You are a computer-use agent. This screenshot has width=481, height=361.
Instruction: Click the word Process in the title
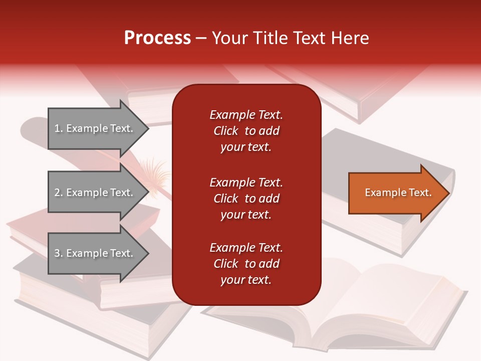[x=157, y=38]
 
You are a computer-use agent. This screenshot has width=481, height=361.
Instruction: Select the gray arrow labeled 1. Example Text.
[x=95, y=128]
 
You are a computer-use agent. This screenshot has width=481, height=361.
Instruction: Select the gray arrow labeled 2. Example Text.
[x=95, y=193]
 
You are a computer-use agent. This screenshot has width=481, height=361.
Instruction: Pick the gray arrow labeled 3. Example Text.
[x=95, y=253]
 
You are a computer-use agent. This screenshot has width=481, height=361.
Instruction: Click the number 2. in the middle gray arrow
[x=59, y=193]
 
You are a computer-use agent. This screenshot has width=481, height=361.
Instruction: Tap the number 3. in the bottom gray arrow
[x=59, y=253]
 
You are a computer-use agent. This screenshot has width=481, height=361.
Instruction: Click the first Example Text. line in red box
[x=246, y=115]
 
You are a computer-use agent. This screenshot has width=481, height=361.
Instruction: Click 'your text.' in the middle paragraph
[x=246, y=215]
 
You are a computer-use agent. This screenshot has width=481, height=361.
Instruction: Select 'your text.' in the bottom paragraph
[x=246, y=280]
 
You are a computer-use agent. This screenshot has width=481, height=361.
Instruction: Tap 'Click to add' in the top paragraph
[x=246, y=131]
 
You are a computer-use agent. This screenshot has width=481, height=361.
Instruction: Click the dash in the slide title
[x=201, y=38]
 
